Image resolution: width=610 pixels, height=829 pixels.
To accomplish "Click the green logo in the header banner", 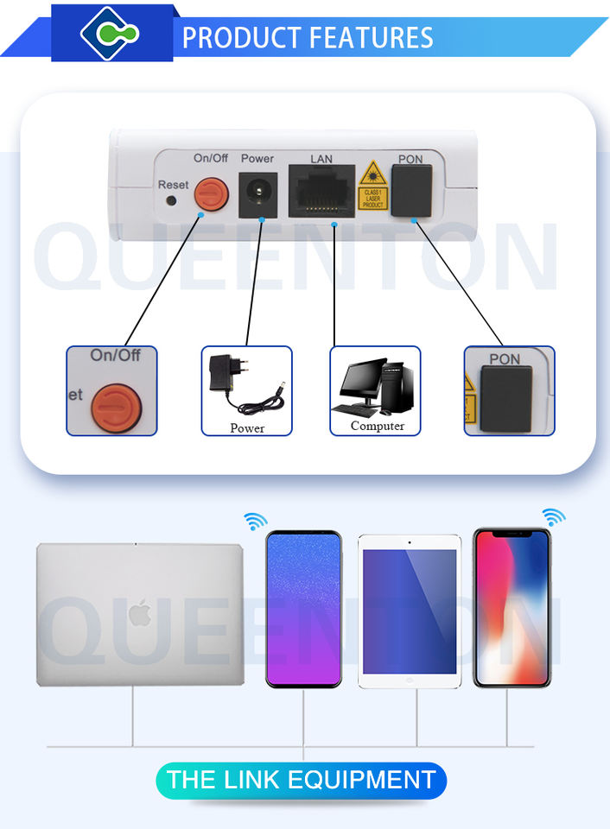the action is point(110,33).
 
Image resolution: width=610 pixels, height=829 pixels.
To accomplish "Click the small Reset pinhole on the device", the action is point(171,199).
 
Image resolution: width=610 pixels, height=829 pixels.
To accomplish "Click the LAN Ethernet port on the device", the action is point(321,193).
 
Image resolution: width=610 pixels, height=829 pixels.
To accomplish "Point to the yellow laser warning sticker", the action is point(373,184).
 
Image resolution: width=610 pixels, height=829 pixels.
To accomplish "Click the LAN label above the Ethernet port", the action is point(321,159).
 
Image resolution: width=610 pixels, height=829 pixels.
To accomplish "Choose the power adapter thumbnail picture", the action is point(247,390).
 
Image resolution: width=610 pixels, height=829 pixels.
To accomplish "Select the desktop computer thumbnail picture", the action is point(376,390).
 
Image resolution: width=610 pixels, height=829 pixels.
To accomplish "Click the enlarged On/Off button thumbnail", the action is point(112,391).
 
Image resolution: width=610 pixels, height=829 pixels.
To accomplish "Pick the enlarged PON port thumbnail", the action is point(510,391).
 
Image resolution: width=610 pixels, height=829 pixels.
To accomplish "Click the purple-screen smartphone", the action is point(303,609).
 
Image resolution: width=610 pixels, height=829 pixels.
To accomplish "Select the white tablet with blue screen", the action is point(409,611).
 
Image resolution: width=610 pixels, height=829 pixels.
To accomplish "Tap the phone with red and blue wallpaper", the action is point(512,608).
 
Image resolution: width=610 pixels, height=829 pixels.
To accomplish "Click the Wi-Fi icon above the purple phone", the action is point(256,521).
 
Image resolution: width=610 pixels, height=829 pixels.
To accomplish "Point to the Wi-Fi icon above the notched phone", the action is point(554,517).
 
